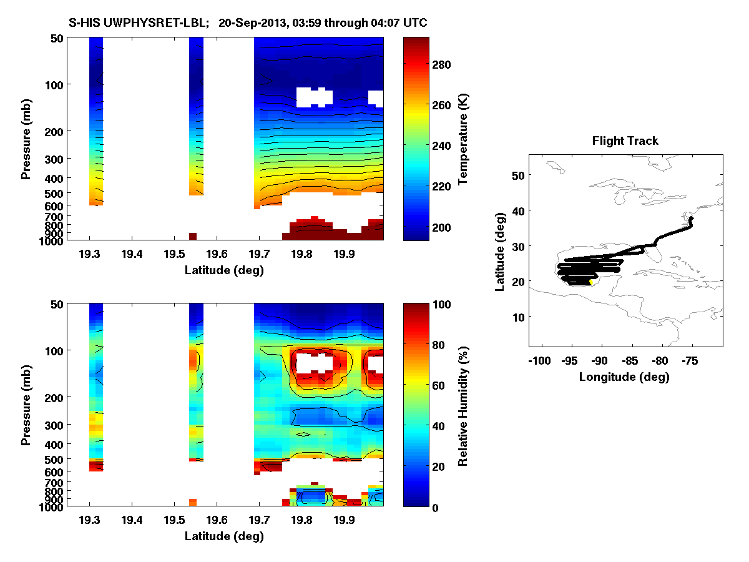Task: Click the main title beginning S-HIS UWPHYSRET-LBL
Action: pyautogui.click(x=248, y=23)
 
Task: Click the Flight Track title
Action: pyautogui.click(x=625, y=141)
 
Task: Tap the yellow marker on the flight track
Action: pyautogui.click(x=591, y=282)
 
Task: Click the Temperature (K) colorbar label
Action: pyautogui.click(x=463, y=139)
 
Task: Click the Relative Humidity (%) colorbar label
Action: pyautogui.click(x=463, y=405)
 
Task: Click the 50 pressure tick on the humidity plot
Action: pyautogui.click(x=54, y=304)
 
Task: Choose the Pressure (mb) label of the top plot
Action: pyautogui.click(x=26, y=139)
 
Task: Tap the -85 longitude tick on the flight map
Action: pyautogui.click(x=632, y=360)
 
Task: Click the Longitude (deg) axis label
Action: pyautogui.click(x=624, y=377)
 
